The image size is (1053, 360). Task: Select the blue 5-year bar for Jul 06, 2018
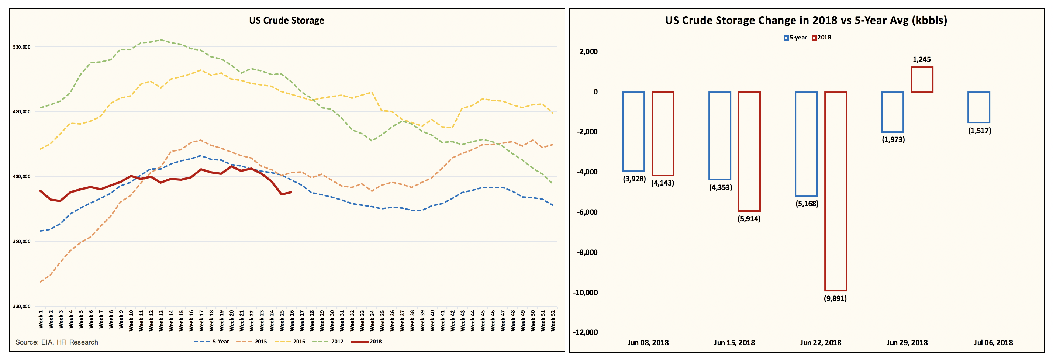(978, 107)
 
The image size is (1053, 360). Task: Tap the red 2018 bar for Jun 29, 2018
(922, 80)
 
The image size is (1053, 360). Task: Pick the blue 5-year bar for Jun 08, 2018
(633, 132)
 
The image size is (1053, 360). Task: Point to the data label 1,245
(921, 60)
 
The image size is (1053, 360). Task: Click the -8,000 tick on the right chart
(587, 252)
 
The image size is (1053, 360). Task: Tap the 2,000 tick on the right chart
(588, 52)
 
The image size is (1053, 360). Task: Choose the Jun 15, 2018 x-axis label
(734, 342)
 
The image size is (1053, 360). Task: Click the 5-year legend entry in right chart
(795, 38)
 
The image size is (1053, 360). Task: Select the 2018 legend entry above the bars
(822, 38)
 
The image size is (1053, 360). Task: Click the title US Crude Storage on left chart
(287, 20)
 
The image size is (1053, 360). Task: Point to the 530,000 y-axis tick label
(22, 47)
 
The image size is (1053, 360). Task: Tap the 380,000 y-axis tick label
(22, 242)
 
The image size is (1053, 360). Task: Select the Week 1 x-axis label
(41, 319)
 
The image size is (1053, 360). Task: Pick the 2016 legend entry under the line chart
(290, 342)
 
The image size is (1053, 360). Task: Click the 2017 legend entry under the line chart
(328, 342)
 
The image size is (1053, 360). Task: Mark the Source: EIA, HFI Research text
(57, 342)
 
